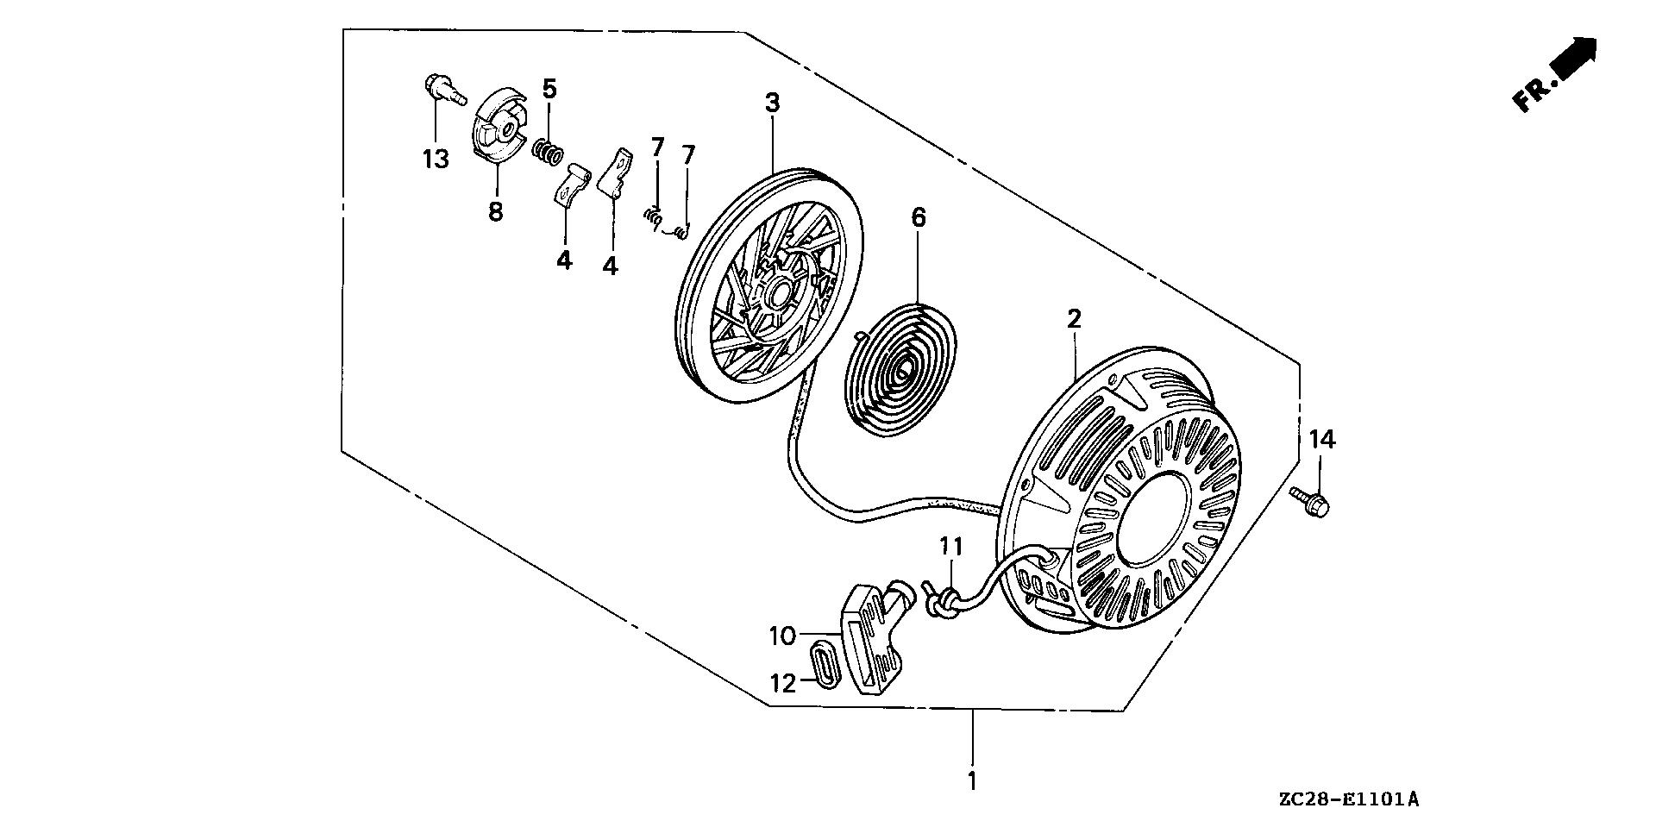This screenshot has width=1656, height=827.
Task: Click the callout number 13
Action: click(436, 159)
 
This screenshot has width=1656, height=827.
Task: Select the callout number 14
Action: click(1321, 440)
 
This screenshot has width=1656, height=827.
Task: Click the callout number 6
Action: click(918, 217)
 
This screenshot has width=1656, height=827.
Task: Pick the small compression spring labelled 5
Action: click(547, 153)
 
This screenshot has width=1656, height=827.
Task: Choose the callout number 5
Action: click(549, 89)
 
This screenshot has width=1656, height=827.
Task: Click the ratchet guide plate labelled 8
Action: click(494, 128)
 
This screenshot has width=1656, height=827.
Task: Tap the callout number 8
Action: click(495, 211)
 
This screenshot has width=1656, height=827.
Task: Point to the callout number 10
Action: click(782, 637)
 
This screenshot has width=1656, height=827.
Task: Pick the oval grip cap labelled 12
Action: click(824, 662)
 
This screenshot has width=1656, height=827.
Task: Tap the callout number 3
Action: click(772, 103)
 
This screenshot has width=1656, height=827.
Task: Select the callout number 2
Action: click(1074, 319)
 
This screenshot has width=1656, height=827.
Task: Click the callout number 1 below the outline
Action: click(972, 782)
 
